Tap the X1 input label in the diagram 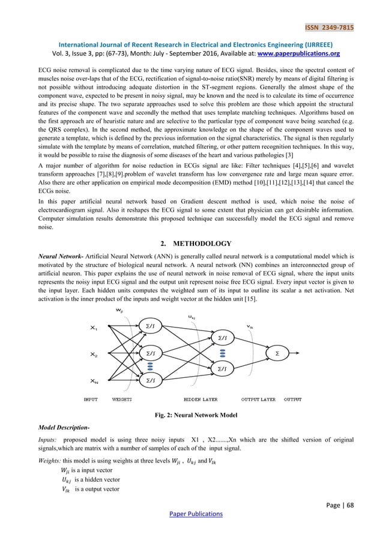94,327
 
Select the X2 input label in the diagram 94,354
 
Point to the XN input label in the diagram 94,381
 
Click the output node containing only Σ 277,354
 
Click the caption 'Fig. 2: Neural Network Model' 191,414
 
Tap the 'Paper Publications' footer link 191,513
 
